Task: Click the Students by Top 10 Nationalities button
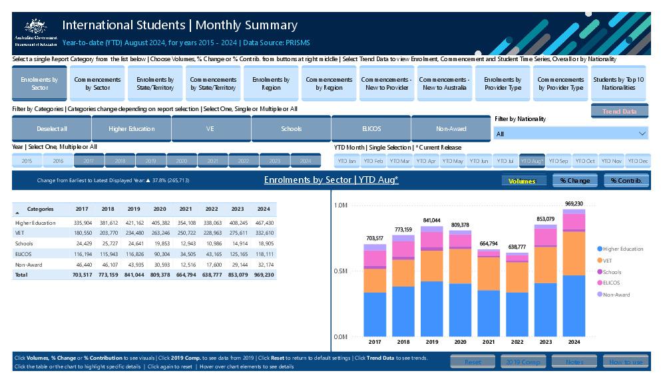[x=618, y=84]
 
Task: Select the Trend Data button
[x=619, y=111]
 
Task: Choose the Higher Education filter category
[x=131, y=129]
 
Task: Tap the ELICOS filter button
[x=371, y=129]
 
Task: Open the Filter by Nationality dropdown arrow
[x=642, y=134]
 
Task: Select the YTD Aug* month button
[x=532, y=161]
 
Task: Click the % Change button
[x=574, y=180]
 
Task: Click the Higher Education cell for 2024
[x=265, y=223]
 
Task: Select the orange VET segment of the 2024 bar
[x=574, y=253]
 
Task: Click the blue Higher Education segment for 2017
[x=375, y=314]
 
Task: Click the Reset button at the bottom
[x=473, y=362]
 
